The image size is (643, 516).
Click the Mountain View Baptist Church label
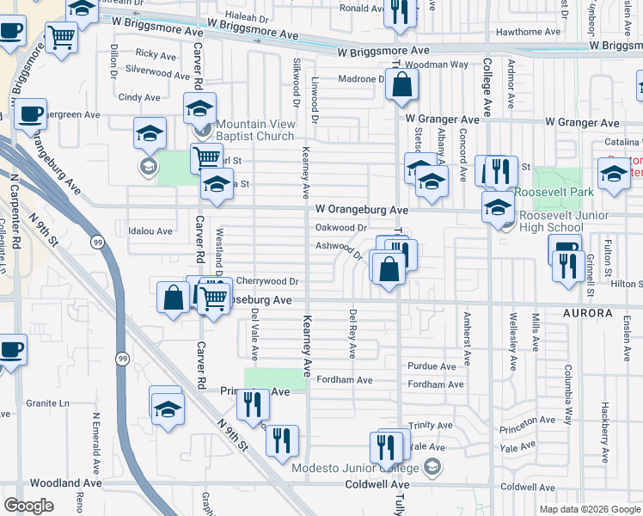254,130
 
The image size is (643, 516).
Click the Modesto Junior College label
357,468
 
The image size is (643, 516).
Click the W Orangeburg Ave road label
361,209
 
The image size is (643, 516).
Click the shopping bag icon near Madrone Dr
401,84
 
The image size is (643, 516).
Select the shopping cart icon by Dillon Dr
62,36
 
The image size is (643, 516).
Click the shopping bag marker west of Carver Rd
174,298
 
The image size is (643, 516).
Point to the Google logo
29,505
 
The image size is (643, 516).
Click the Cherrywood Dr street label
266,280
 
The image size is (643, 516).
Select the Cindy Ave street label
139,97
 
